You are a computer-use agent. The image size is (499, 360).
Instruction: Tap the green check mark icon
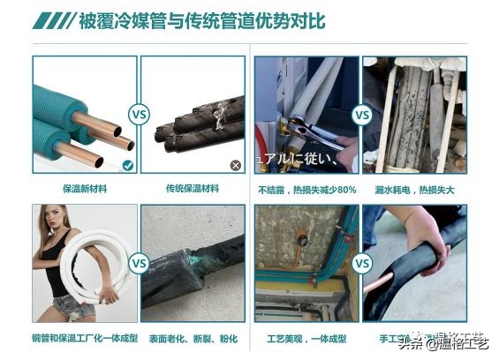click(128, 165)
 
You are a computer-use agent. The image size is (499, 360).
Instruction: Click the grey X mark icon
click(236, 165)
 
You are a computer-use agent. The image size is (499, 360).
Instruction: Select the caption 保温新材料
click(85, 189)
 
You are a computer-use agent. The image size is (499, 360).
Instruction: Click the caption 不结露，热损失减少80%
click(306, 189)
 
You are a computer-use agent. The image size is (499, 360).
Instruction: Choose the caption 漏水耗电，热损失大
click(415, 189)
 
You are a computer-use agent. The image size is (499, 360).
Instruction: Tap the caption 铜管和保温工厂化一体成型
click(85, 337)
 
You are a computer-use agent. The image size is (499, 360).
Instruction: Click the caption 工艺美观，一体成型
click(306, 337)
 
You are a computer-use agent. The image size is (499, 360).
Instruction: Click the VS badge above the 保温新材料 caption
click(139, 115)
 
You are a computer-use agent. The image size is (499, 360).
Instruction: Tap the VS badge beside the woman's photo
click(139, 263)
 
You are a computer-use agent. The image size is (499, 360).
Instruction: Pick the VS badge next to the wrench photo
click(361, 115)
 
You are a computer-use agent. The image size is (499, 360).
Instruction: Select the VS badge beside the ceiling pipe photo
click(361, 263)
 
